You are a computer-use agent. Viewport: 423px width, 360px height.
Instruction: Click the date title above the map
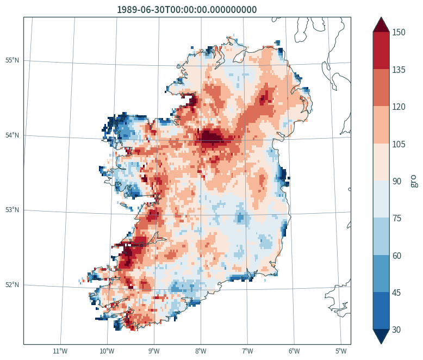186,10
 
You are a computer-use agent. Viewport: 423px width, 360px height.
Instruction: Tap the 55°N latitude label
12,60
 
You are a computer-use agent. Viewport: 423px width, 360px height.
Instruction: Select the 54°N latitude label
12,135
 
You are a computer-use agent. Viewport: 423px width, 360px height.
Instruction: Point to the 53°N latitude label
12,210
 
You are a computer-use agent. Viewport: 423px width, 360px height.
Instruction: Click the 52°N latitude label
12,285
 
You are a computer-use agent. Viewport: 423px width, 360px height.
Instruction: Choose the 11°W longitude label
60,351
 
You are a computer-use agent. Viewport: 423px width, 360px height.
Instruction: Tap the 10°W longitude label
107,351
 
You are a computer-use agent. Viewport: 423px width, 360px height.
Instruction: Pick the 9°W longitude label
154,351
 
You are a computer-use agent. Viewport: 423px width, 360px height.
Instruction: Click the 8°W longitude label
201,351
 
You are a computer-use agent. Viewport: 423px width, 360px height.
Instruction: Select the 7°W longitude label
247,351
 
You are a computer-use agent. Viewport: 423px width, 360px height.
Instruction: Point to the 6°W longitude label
294,351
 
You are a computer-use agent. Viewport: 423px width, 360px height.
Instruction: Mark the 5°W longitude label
341,351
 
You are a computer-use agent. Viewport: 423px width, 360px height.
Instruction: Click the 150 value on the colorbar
399,33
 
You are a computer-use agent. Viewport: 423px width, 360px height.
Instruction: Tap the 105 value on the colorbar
399,144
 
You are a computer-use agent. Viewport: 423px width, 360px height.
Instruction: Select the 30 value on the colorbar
396,330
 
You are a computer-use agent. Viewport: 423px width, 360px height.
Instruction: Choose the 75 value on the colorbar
396,218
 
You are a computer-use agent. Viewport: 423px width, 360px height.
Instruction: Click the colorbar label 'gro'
414,181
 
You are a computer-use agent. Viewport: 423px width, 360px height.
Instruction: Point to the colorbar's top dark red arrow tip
381,17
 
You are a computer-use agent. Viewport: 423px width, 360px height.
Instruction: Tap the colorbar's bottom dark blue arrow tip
381,344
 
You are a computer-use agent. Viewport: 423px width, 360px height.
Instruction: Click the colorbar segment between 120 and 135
381,88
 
